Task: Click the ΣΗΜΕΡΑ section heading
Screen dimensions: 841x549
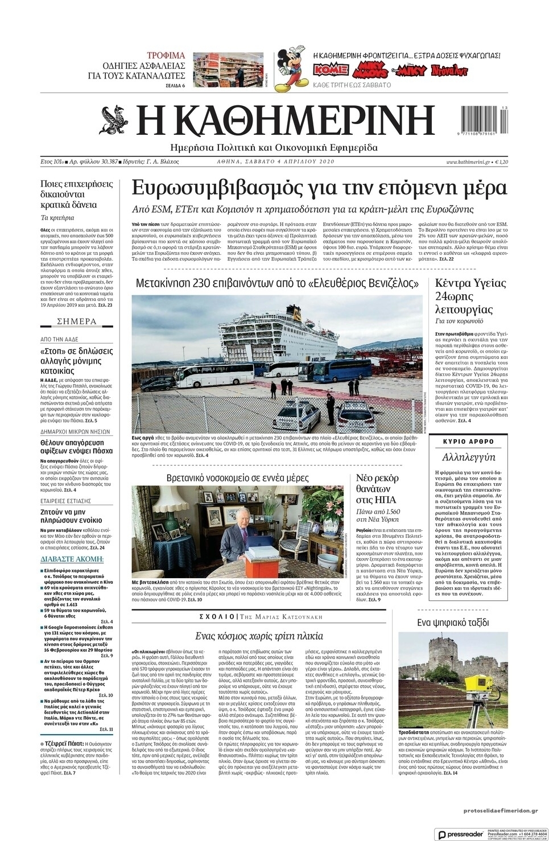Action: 77,321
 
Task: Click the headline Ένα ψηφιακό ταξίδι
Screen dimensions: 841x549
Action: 453,622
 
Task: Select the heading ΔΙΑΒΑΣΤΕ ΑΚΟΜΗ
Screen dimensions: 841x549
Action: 72,559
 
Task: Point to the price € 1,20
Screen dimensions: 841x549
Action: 501,162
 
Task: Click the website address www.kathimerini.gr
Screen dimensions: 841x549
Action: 468,162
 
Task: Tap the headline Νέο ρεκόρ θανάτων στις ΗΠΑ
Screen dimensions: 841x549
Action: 378,489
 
